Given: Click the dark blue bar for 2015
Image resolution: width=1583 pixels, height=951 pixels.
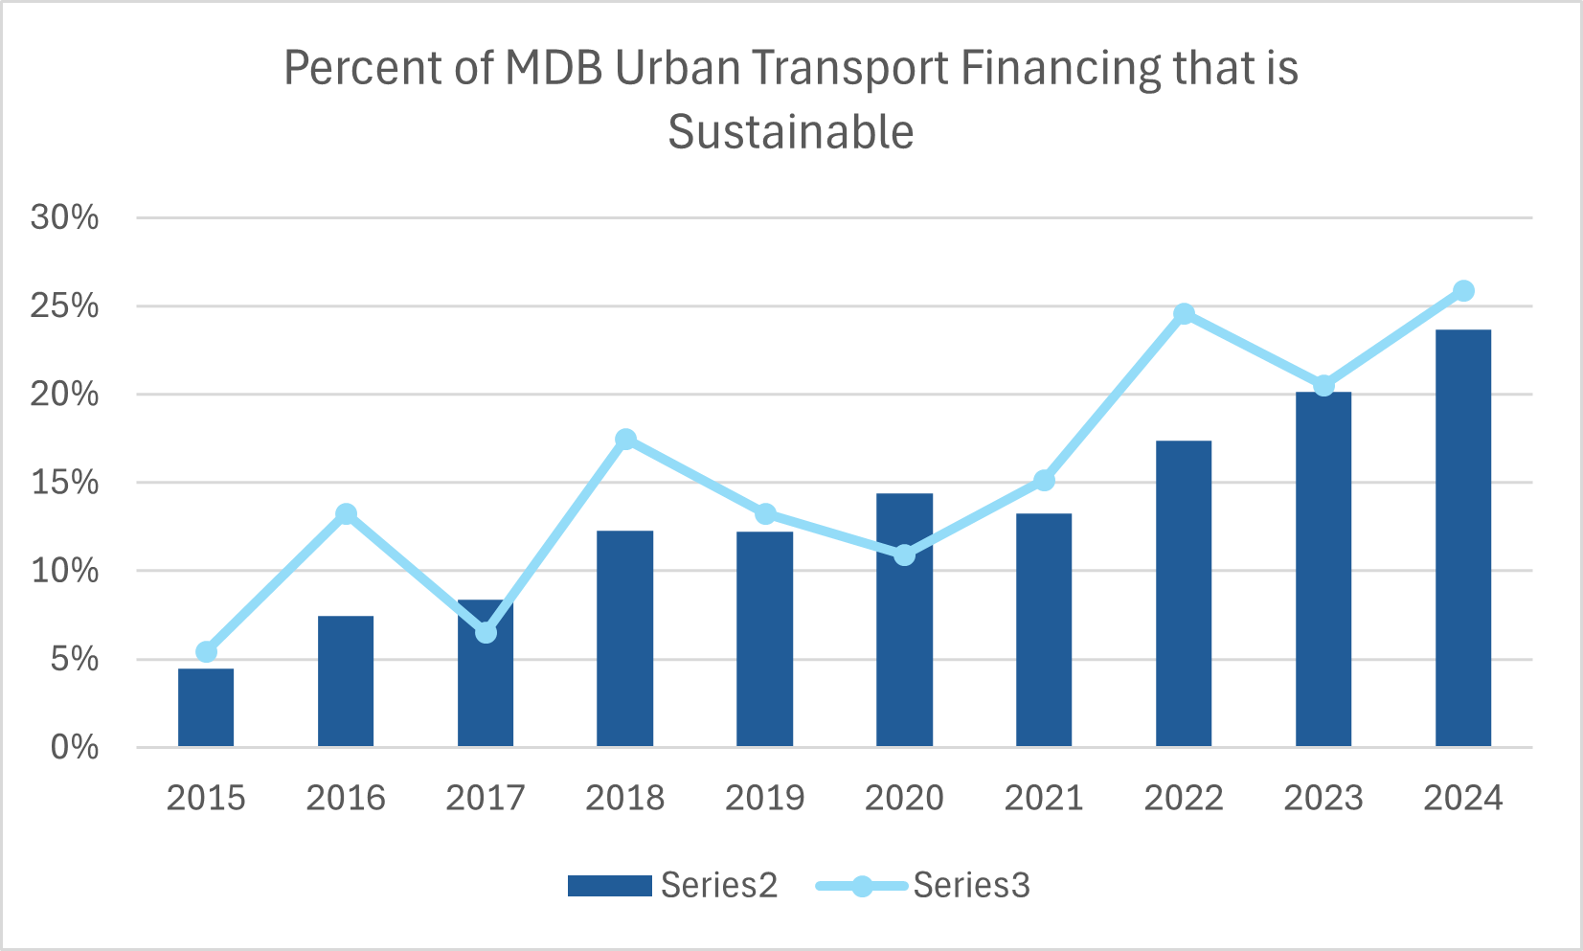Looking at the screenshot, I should tap(206, 708).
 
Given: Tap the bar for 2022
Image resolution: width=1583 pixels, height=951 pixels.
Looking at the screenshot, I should tap(1184, 594).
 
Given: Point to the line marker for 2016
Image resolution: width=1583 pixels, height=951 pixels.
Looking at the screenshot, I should tap(346, 514).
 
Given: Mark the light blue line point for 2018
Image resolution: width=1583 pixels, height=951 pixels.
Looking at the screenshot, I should tap(625, 440).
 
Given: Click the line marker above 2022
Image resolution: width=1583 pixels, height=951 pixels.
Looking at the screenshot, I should tap(1185, 314).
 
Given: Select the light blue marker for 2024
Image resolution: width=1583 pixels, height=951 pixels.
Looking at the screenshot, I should tap(1463, 291).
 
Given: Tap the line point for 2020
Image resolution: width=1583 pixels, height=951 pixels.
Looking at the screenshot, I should tap(905, 555).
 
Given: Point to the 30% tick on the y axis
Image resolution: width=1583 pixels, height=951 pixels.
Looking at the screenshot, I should tap(65, 217).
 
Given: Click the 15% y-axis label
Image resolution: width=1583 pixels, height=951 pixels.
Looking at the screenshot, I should tap(65, 483).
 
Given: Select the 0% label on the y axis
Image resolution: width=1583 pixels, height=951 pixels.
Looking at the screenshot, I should tap(75, 748).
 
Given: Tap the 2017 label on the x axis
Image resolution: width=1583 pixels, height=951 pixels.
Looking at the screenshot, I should tap(486, 798).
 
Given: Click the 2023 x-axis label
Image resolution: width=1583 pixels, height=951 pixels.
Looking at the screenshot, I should tap(1323, 798).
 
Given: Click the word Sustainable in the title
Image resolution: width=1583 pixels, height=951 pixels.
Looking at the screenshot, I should tap(791, 131).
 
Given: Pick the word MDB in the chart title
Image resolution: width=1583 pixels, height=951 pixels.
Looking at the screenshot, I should tap(554, 69).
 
